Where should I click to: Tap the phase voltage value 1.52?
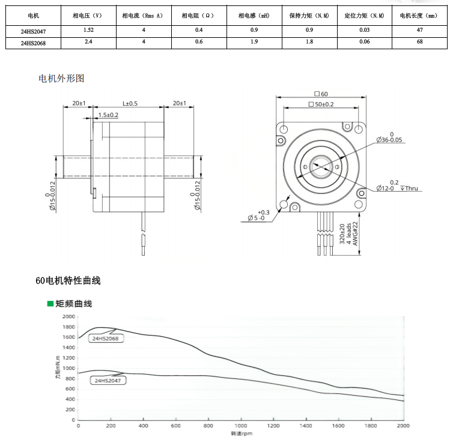(88, 29)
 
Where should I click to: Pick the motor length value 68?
(419, 42)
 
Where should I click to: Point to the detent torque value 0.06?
(364, 42)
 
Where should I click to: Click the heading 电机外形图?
(61, 79)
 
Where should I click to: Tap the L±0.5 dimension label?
(130, 103)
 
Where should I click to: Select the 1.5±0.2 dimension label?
(108, 115)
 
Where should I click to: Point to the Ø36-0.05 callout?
(389, 140)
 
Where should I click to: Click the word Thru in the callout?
(412, 189)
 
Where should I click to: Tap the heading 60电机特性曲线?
(68, 280)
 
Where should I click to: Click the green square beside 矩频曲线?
(50, 304)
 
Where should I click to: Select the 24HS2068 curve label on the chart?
(105, 339)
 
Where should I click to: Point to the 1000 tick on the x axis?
(241, 426)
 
